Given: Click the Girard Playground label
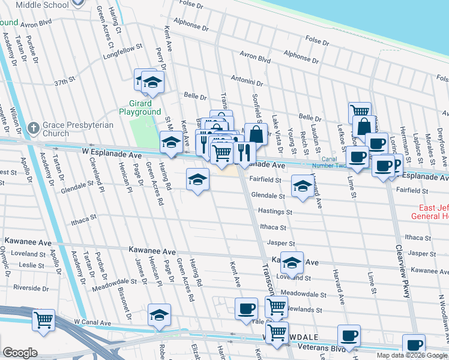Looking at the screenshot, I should click(x=140, y=107).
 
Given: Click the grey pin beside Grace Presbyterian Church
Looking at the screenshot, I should click(x=34, y=128).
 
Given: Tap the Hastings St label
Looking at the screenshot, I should click(x=275, y=212).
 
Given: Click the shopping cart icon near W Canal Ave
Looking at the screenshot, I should click(x=43, y=320).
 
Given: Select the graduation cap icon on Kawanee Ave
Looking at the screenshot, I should click(x=292, y=262).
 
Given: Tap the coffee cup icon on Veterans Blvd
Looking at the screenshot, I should click(x=348, y=335).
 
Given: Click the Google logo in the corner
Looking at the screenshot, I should click(x=20, y=353).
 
